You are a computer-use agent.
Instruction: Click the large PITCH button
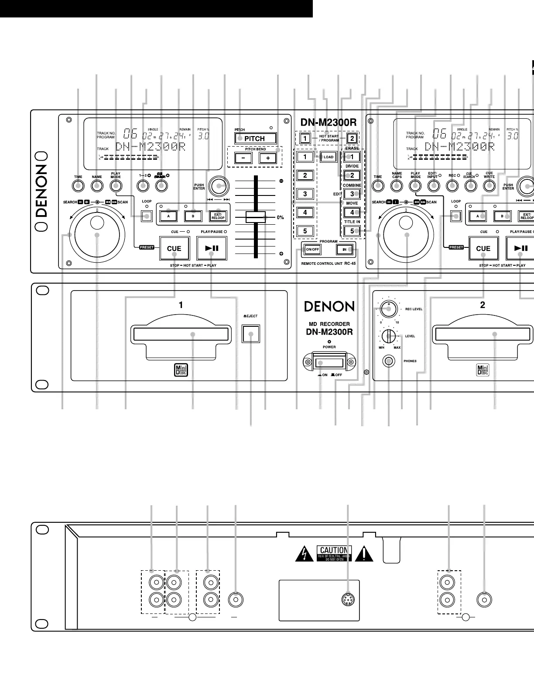click(x=255, y=139)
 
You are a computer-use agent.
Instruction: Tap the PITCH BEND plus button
click(x=267, y=158)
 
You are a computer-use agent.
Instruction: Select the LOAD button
click(x=328, y=157)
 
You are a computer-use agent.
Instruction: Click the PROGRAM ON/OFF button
click(x=312, y=250)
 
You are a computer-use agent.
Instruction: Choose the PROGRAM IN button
click(x=344, y=250)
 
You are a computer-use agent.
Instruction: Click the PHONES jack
click(x=388, y=361)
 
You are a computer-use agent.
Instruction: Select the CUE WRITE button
click(x=489, y=186)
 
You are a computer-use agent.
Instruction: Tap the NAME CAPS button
click(x=397, y=186)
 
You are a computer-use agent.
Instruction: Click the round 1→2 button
click(x=142, y=186)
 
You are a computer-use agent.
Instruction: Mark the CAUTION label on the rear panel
click(x=334, y=554)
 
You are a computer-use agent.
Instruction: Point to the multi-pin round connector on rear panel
click(x=347, y=600)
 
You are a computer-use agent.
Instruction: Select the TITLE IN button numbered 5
click(x=352, y=231)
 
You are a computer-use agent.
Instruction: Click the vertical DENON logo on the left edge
click(x=41, y=191)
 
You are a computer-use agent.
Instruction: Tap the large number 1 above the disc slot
click(x=181, y=305)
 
